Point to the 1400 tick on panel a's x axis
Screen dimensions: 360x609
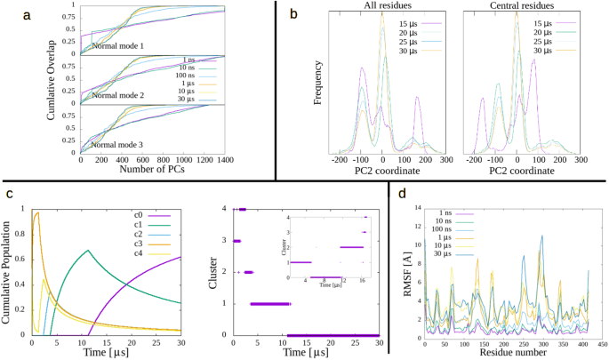point(225,160)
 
